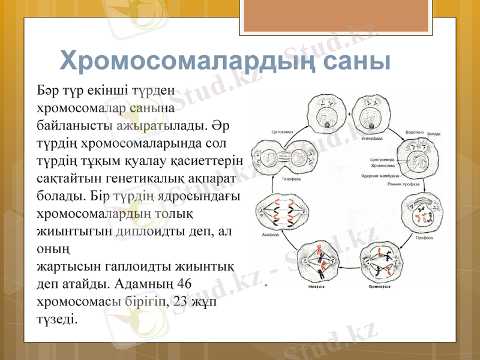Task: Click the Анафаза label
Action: click(271, 235)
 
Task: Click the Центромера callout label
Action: click(381, 160)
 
